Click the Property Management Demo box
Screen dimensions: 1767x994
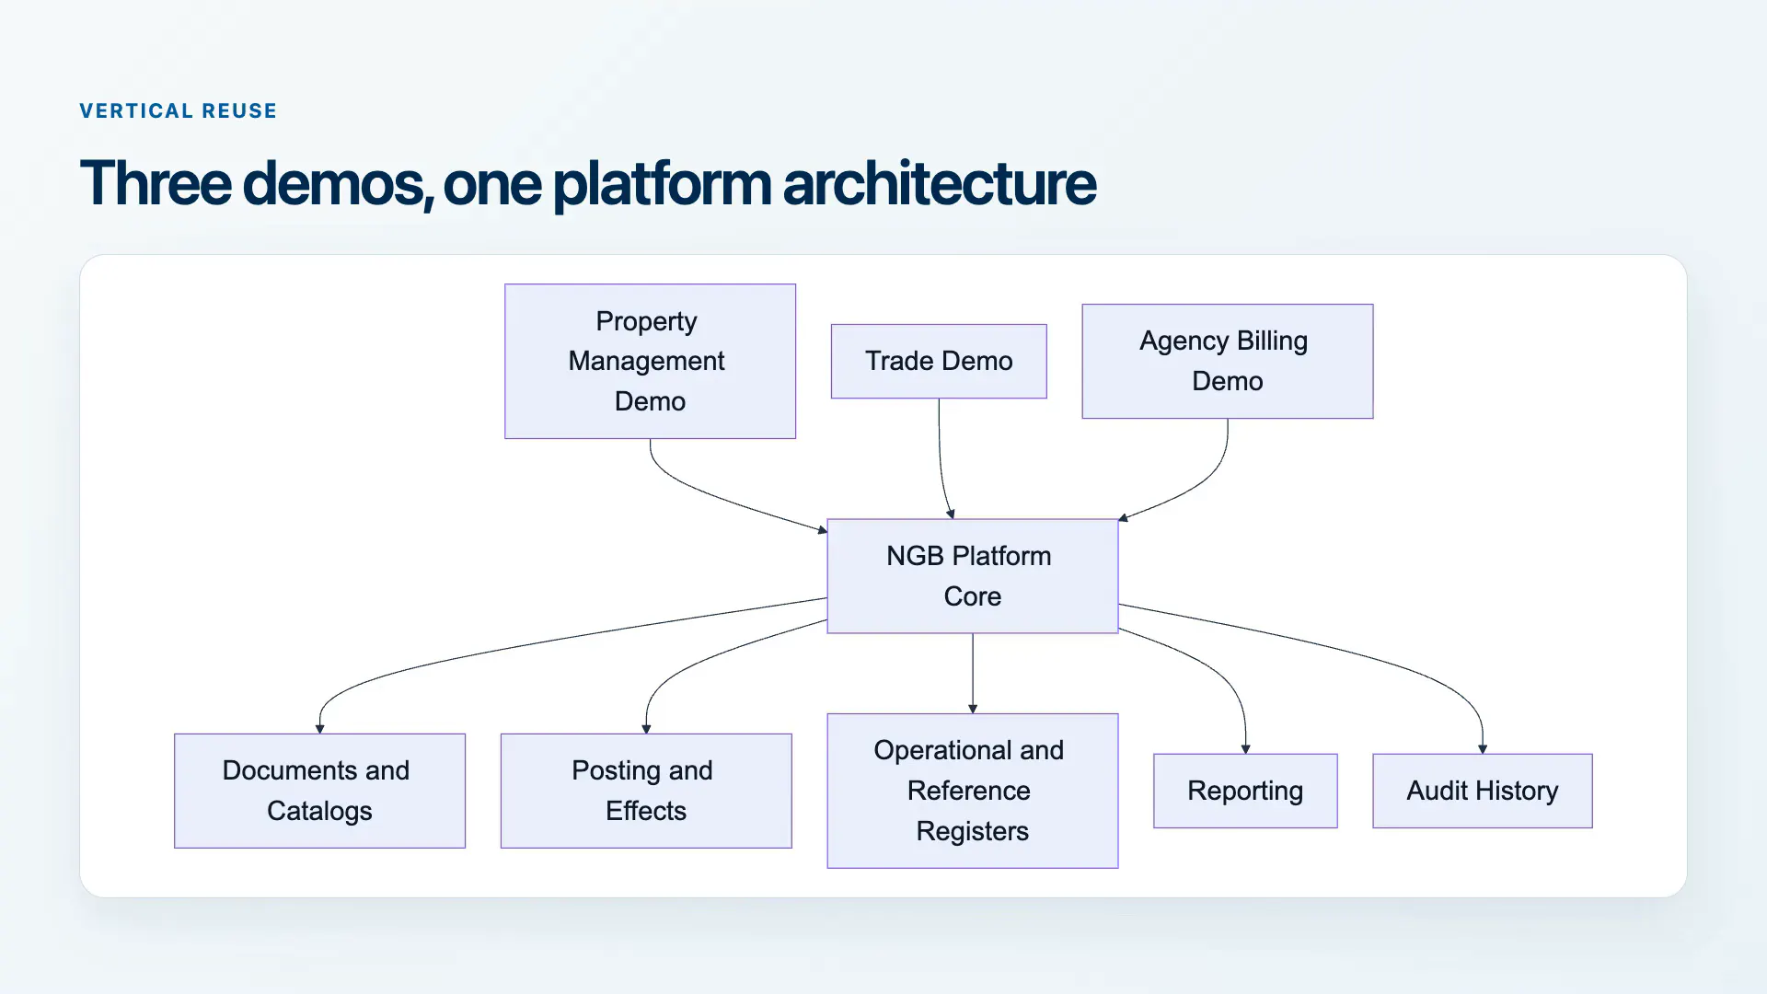[650, 361]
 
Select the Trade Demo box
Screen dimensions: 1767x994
[939, 361]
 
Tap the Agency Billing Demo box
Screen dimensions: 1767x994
[1228, 361]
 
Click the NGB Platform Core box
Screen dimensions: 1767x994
[973, 576]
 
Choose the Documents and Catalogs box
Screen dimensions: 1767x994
[319, 791]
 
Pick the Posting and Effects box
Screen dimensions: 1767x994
[646, 791]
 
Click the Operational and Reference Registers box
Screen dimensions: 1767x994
[973, 791]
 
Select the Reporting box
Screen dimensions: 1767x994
[1245, 791]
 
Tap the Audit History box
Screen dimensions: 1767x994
[1483, 791]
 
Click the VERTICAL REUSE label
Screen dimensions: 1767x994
[179, 111]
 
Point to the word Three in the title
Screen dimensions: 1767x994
[156, 182]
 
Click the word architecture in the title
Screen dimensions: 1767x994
[940, 182]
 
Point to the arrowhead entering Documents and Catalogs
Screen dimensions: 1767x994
[319, 729]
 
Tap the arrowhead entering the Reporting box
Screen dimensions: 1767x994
[1245, 749]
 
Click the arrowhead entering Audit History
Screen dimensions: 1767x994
[1483, 749]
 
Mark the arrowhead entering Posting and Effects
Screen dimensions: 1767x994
[646, 729]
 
